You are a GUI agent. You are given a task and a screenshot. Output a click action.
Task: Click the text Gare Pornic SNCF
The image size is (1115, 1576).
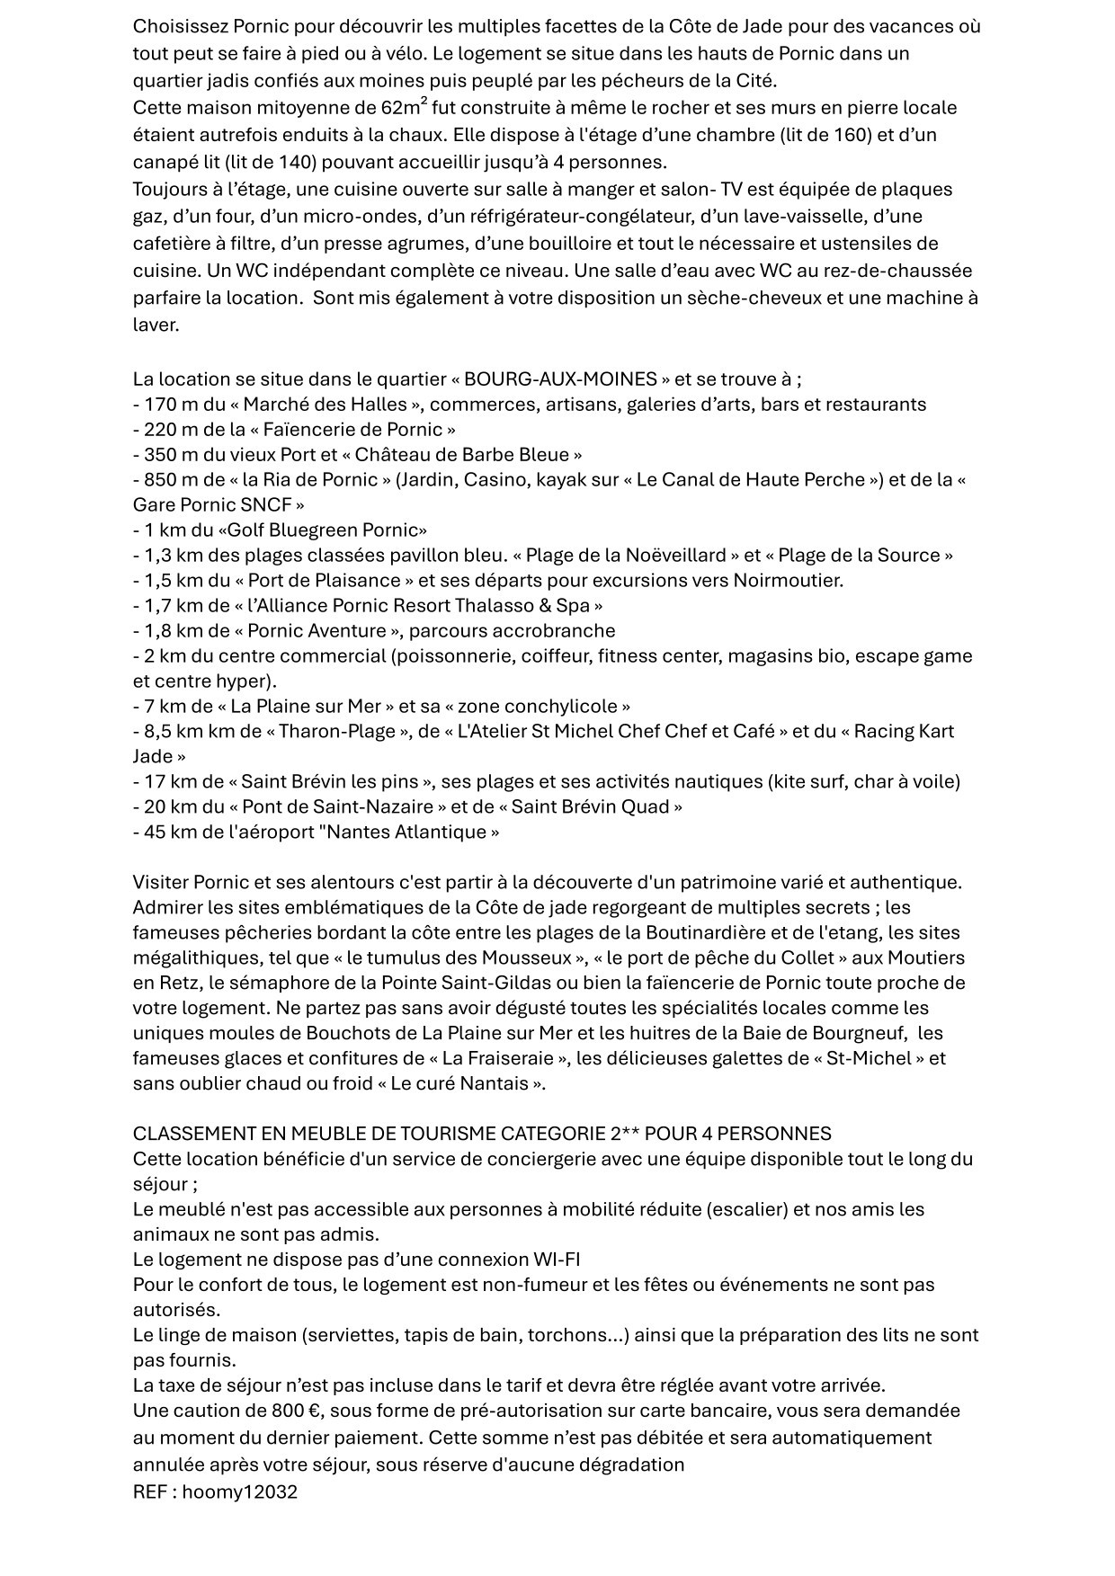click(x=208, y=504)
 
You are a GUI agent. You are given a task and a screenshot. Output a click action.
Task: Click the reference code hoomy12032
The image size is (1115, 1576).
click(x=240, y=1492)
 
